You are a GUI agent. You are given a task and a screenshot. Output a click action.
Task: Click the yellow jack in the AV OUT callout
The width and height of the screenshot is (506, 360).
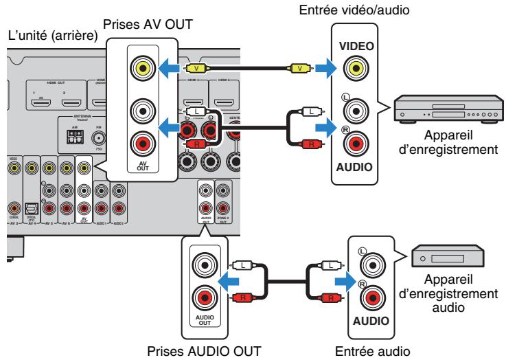click(142, 69)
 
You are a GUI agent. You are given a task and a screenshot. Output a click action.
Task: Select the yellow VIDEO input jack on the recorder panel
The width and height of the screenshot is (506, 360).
click(356, 69)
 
